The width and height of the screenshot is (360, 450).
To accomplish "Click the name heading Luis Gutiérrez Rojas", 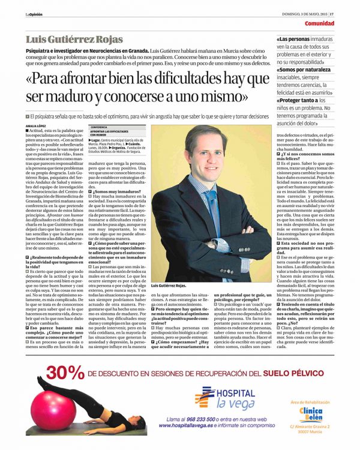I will coord(74,40).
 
